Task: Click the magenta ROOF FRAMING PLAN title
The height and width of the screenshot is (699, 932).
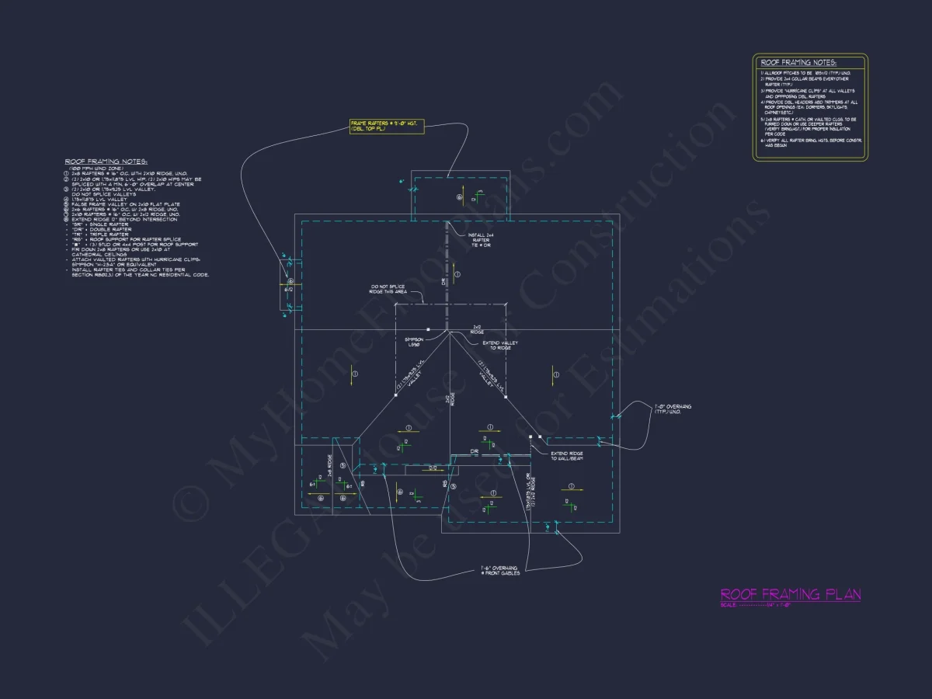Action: [x=790, y=595]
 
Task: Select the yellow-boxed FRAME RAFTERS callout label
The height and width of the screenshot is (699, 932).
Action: [x=387, y=126]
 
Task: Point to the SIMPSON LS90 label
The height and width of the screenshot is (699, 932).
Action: [x=413, y=342]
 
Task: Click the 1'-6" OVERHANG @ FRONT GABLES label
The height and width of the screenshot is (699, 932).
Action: [x=499, y=571]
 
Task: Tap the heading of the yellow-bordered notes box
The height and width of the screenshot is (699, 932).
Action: [x=798, y=62]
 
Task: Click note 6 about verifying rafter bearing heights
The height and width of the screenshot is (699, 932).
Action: [x=808, y=142]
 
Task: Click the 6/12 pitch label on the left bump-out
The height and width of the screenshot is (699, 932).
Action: [x=288, y=289]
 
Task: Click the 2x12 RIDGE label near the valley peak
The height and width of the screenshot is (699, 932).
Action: [x=477, y=329]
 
